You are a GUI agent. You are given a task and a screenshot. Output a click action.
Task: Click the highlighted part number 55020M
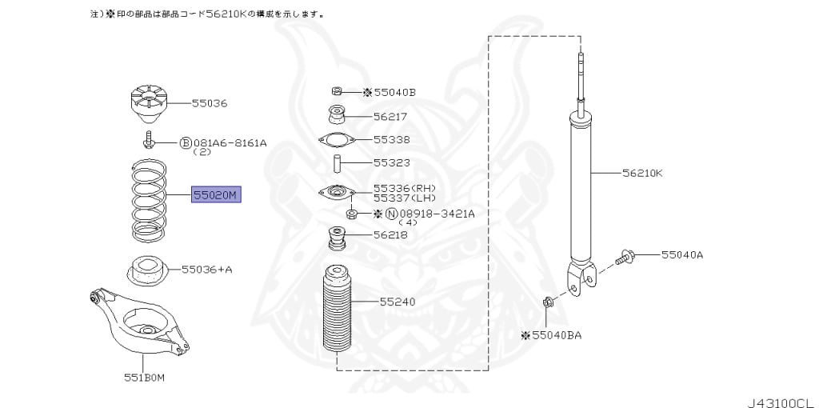click(x=215, y=194)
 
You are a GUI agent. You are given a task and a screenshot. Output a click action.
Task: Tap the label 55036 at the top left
click(x=209, y=103)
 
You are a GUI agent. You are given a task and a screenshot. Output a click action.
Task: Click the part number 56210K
click(x=643, y=172)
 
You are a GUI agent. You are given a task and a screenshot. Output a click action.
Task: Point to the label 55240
click(x=397, y=302)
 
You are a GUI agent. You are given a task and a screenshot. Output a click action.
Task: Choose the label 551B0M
click(x=144, y=378)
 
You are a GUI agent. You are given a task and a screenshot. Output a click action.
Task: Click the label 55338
click(x=391, y=139)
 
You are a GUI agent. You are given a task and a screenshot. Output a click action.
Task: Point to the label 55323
click(x=391, y=162)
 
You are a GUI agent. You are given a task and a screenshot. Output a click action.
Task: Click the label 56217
click(x=390, y=116)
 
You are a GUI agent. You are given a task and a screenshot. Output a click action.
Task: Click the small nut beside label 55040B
click(x=337, y=91)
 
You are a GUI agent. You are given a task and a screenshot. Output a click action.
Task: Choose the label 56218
click(x=390, y=235)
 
